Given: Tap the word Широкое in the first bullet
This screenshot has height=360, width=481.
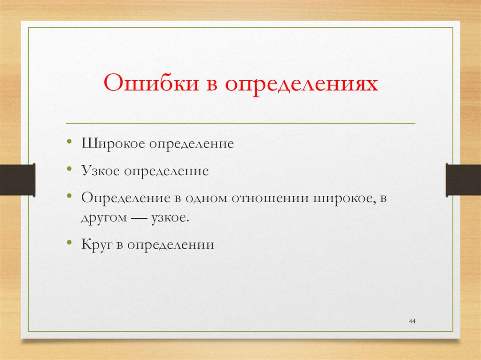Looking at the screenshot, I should point(114,143).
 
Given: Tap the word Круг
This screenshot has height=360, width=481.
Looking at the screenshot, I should point(97,245).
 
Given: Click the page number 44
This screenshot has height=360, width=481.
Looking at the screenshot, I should point(412,321).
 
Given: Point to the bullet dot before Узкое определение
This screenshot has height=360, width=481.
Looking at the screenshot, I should point(70,169).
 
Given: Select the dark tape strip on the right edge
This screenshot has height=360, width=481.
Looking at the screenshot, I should point(463,180).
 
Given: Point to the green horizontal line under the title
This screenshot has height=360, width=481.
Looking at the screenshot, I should point(240,123).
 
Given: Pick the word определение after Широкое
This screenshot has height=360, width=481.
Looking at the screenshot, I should point(192,143).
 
